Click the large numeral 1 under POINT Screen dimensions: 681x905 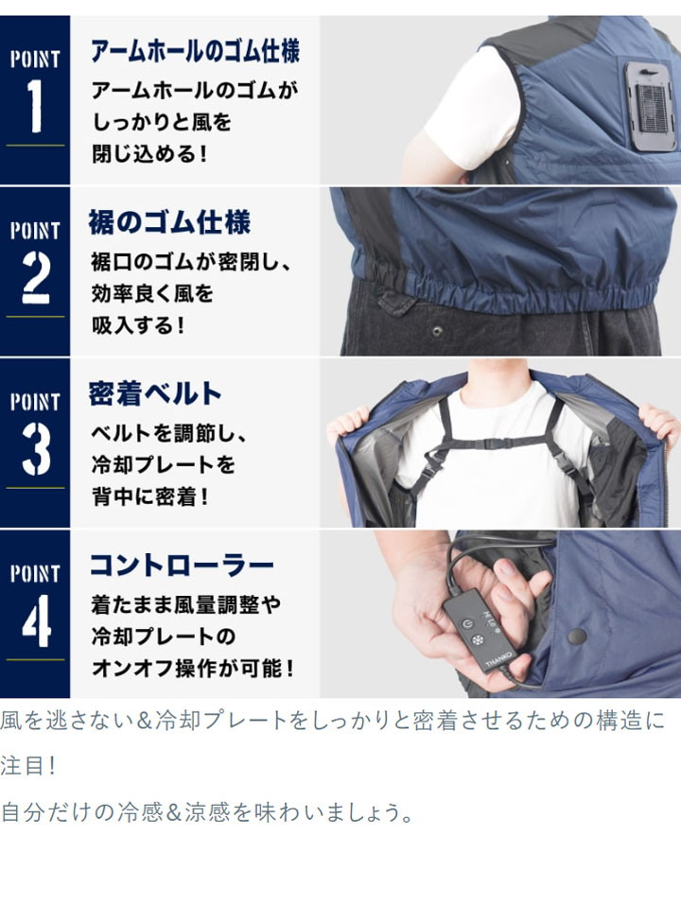[x=35, y=106]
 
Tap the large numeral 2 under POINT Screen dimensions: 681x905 [x=36, y=277]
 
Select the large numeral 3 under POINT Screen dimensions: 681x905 [x=36, y=448]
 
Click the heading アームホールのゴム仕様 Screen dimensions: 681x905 [x=195, y=51]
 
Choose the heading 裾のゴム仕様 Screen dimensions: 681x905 [x=169, y=222]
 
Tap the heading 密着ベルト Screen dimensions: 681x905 [x=155, y=393]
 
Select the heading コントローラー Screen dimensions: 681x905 [x=182, y=566]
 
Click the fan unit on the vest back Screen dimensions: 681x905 [x=649, y=106]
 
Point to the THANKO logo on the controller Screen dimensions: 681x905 [x=498, y=655]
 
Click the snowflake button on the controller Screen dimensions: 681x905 [x=479, y=640]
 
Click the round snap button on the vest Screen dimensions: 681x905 [x=577, y=636]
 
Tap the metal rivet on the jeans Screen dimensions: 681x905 [x=437, y=331]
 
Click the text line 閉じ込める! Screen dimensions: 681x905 [x=148, y=153]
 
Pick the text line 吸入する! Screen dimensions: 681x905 [x=138, y=325]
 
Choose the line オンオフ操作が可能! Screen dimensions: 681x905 [x=193, y=668]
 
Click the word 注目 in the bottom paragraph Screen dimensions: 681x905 [x=22, y=767]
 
